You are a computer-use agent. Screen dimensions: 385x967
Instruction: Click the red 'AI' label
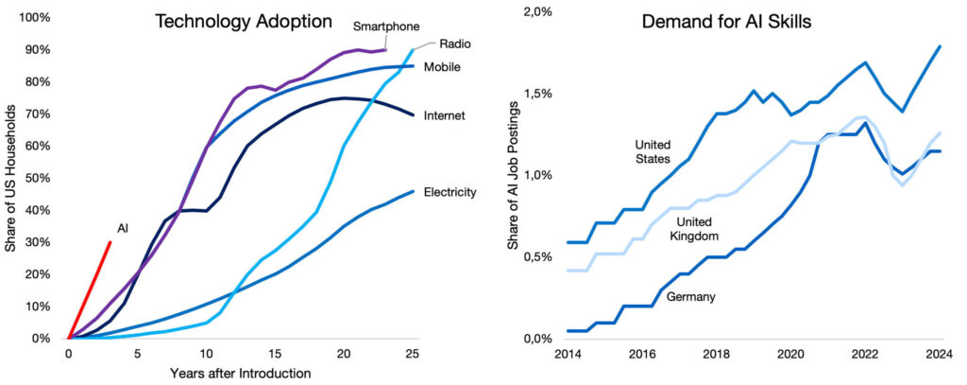123,229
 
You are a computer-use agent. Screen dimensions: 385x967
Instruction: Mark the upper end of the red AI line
110,242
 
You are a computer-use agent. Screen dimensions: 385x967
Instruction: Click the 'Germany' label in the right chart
689,297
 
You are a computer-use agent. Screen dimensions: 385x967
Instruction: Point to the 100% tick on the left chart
36,18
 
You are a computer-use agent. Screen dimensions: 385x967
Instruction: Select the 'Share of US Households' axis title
11,177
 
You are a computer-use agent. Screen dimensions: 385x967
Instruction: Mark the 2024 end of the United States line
940,46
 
